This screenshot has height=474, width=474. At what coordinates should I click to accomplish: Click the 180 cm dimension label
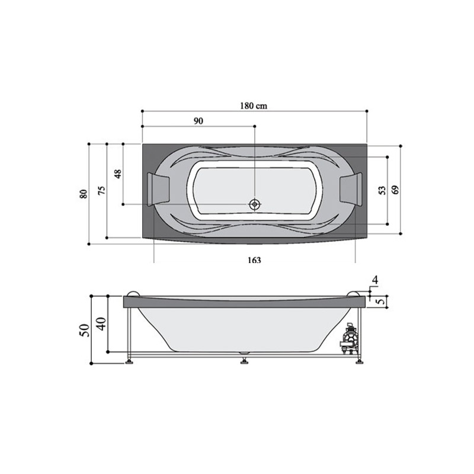[x=254, y=106]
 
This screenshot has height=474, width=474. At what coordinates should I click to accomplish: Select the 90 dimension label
[x=198, y=121]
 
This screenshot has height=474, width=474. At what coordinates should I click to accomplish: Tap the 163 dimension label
[x=254, y=260]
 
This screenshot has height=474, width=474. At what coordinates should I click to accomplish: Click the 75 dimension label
[x=102, y=190]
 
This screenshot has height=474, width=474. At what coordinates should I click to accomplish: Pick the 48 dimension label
[x=118, y=174]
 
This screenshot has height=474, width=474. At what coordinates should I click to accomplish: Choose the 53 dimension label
[x=382, y=190]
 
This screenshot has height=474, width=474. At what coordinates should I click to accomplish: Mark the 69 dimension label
[x=395, y=190]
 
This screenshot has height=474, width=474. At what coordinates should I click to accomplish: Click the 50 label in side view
[x=85, y=331]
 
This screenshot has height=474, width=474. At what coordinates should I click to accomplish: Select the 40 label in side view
[x=101, y=324]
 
